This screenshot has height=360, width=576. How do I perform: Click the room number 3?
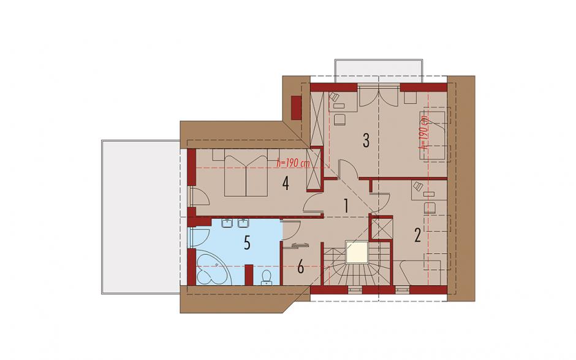click(x=365, y=140)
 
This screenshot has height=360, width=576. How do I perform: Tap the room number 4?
click(x=286, y=183)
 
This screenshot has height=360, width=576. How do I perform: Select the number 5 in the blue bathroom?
click(x=247, y=243)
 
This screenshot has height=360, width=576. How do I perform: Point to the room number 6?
click(x=300, y=267)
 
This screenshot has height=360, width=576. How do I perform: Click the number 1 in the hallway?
click(x=346, y=206)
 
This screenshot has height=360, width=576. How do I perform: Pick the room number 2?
click(x=417, y=235)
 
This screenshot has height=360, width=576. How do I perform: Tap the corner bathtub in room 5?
click(x=213, y=268)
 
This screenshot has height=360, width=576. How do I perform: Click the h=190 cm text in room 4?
click(x=293, y=163)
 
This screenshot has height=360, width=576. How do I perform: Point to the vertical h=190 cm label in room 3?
click(x=425, y=132)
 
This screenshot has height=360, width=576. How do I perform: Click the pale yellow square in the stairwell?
click(x=357, y=252)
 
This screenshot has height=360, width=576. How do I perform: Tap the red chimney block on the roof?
click(x=296, y=107)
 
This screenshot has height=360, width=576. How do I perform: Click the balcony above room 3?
click(x=379, y=71)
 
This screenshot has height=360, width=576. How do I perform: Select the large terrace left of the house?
click(x=141, y=216)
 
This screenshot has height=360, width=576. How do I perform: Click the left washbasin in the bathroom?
click(x=227, y=223)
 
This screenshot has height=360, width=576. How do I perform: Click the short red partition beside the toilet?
click(x=249, y=275)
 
